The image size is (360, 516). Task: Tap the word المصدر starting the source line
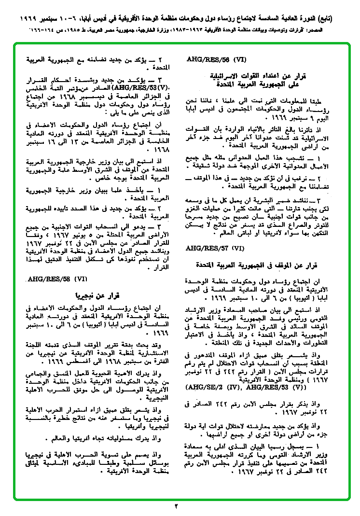(x=338, y=30)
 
